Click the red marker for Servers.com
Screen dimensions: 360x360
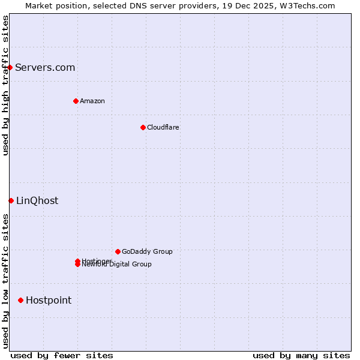pos(10,67)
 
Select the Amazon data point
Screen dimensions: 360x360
pos(76,101)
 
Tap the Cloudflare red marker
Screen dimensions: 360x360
pos(143,127)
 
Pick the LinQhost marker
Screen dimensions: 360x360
pos(11,200)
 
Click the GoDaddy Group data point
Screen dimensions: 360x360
pos(118,251)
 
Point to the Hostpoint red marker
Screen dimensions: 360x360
pos(20,300)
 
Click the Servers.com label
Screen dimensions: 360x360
pos(45,67)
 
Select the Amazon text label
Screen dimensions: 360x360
pos(92,101)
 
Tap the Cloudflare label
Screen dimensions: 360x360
pos(163,127)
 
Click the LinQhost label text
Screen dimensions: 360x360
pos(37,200)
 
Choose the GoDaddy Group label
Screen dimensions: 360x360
pos(147,251)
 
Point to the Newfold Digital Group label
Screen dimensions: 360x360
pos(117,265)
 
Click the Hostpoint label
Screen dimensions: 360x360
pos(49,300)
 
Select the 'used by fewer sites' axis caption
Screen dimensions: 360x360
pos(62,355)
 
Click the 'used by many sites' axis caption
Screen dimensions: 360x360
pos(301,355)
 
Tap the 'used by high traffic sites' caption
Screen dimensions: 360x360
pos(6,85)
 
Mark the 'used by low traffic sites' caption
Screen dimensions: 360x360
pos(6,281)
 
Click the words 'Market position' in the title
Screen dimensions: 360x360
pos(53,6)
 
